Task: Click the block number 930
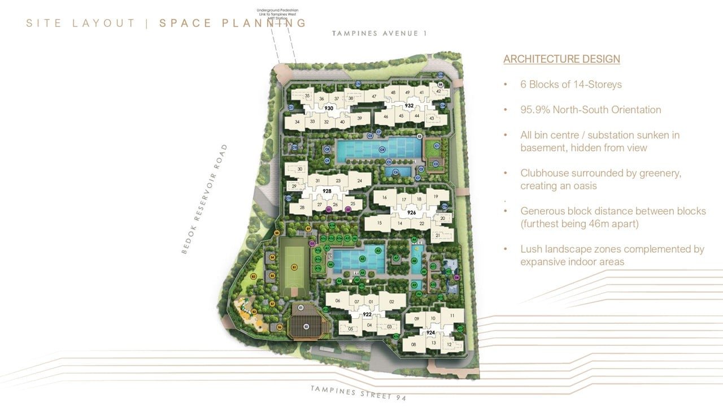(x=329, y=108)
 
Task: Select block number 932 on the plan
(x=410, y=106)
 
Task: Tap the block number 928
(x=326, y=191)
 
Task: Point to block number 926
(x=411, y=213)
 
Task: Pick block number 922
(x=367, y=314)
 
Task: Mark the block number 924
(x=431, y=333)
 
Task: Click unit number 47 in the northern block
(x=374, y=97)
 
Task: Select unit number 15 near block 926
(x=380, y=223)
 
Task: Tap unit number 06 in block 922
(x=338, y=301)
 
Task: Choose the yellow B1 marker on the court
(x=294, y=266)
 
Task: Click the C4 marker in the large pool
(x=382, y=150)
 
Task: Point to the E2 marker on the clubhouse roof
(x=306, y=326)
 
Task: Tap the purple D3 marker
(x=312, y=244)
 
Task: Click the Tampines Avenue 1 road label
(x=379, y=33)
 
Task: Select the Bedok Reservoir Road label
(x=204, y=198)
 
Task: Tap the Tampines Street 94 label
(x=358, y=393)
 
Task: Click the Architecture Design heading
(x=561, y=59)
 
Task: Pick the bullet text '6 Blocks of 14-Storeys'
(x=570, y=85)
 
